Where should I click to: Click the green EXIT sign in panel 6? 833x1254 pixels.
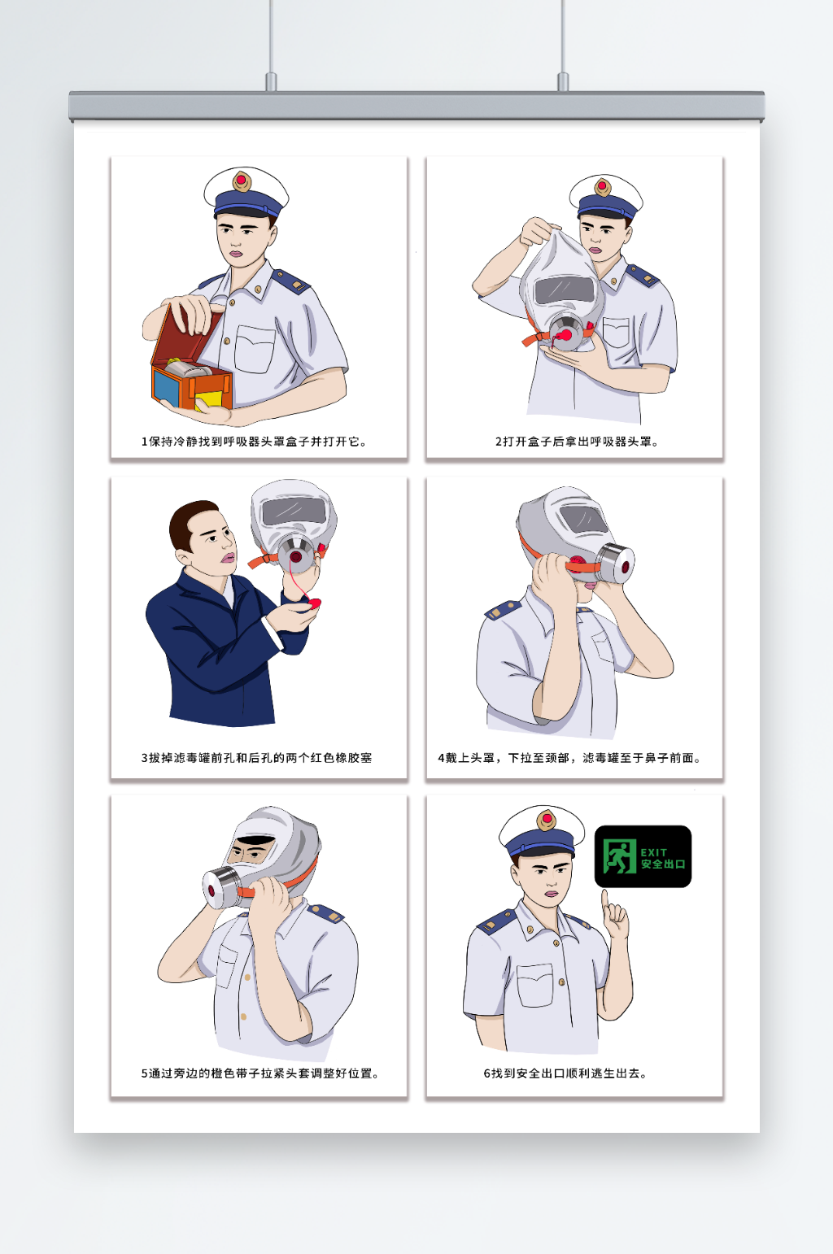coord(643,856)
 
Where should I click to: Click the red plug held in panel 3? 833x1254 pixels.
coord(315,603)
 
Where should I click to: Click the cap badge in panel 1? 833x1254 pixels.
coord(242,181)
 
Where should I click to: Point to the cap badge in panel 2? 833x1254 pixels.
coord(602,187)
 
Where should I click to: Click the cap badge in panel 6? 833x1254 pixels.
coord(546,820)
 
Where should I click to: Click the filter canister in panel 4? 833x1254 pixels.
coord(614,564)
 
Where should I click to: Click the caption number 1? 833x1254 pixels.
coord(144,442)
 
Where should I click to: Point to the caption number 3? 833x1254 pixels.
coord(144,758)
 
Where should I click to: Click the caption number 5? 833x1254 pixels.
coord(144,1073)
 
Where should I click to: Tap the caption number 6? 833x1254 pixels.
coord(487,1073)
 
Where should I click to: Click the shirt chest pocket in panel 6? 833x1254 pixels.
coord(535,985)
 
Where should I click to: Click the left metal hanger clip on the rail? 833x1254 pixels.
coord(271,81)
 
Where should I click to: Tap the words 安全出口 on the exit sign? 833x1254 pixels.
coord(663,864)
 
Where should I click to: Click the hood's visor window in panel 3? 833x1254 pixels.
coord(294,511)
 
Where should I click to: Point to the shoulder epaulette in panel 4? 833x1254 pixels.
coord(504,608)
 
